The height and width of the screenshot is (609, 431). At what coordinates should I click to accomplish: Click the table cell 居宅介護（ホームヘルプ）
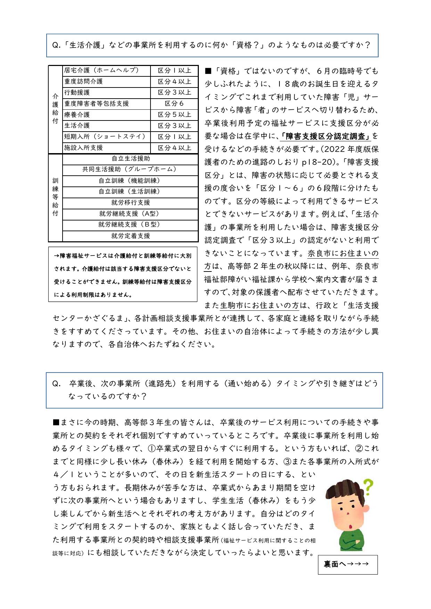pos(106,70)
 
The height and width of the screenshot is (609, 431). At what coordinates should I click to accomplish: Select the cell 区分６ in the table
pos(174,103)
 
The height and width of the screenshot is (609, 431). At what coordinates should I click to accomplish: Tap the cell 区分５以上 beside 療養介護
pos(174,115)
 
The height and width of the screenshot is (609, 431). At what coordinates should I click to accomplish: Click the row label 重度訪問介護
pos(106,82)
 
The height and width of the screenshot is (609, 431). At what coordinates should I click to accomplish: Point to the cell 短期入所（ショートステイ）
pos(106,137)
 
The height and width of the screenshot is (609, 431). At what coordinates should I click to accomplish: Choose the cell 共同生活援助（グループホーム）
pos(130,169)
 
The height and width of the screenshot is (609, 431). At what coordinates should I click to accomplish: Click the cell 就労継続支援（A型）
pos(130,214)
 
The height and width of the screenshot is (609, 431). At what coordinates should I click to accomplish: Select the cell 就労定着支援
pos(130,236)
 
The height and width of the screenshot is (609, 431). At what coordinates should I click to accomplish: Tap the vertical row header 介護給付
pos(55,109)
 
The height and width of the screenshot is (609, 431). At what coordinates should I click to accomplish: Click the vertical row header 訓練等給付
pos(55,197)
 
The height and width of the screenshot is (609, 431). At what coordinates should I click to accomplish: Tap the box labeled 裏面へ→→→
pos(347,565)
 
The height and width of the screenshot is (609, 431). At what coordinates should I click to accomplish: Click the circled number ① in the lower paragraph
pos(152,448)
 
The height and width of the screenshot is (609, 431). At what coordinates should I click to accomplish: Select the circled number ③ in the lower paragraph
pos(287,461)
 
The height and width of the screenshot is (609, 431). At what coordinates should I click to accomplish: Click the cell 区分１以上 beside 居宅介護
pos(174,70)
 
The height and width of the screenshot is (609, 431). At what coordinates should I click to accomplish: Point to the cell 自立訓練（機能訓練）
pos(130,181)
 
